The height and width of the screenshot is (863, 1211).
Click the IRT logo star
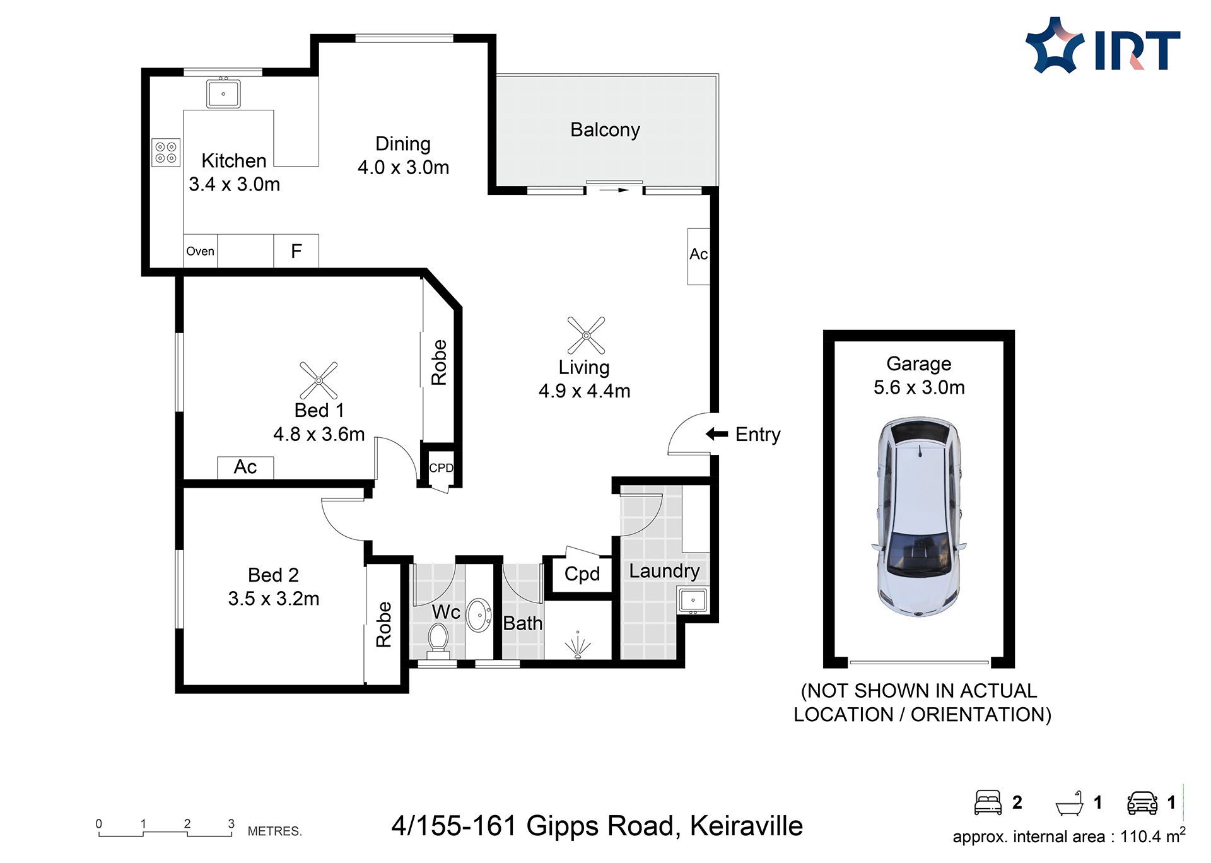[1055, 45]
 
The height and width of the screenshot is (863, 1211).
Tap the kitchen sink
[223, 93]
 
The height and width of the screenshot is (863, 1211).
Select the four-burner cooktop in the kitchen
[166, 152]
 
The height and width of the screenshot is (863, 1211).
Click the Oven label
[200, 251]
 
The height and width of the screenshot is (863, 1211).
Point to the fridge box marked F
[296, 251]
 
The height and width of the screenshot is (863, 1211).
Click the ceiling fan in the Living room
[586, 335]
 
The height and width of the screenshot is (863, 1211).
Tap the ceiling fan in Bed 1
[319, 380]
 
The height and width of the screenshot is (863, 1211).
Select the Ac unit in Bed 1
[245, 467]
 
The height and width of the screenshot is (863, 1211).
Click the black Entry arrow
[717, 434]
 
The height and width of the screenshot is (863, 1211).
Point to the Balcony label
[605, 130]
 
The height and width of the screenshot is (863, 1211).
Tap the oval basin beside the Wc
[479, 615]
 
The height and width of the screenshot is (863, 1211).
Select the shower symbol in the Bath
[578, 646]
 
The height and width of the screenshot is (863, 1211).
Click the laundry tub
[693, 601]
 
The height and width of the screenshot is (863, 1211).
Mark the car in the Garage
[919, 516]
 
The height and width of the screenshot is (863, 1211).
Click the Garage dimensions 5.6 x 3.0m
[919, 387]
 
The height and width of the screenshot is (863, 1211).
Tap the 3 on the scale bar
[231, 824]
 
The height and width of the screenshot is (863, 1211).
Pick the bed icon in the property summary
[988, 802]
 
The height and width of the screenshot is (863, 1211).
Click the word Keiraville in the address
[746, 826]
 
